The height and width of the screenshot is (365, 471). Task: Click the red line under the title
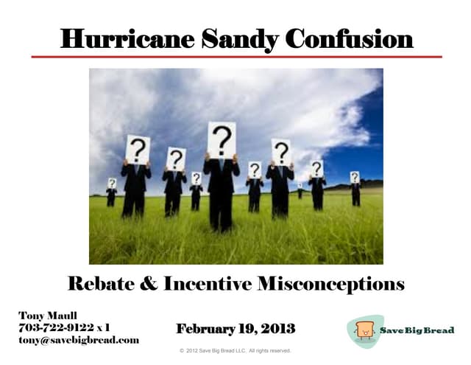click(x=235, y=57)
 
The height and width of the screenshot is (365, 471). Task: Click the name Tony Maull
click(x=48, y=316)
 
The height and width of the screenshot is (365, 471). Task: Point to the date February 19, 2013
click(x=235, y=328)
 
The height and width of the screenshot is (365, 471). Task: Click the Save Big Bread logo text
click(x=417, y=330)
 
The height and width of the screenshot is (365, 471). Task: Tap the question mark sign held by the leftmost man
click(x=112, y=182)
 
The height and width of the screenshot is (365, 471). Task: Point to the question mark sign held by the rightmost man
click(x=355, y=177)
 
